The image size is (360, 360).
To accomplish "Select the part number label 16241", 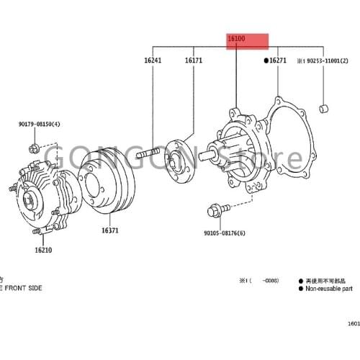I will (152, 61).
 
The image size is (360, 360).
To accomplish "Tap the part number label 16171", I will (193, 61).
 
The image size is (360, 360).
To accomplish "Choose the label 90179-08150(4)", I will (40, 125).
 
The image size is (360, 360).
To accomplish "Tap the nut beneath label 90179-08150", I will (33, 149).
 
